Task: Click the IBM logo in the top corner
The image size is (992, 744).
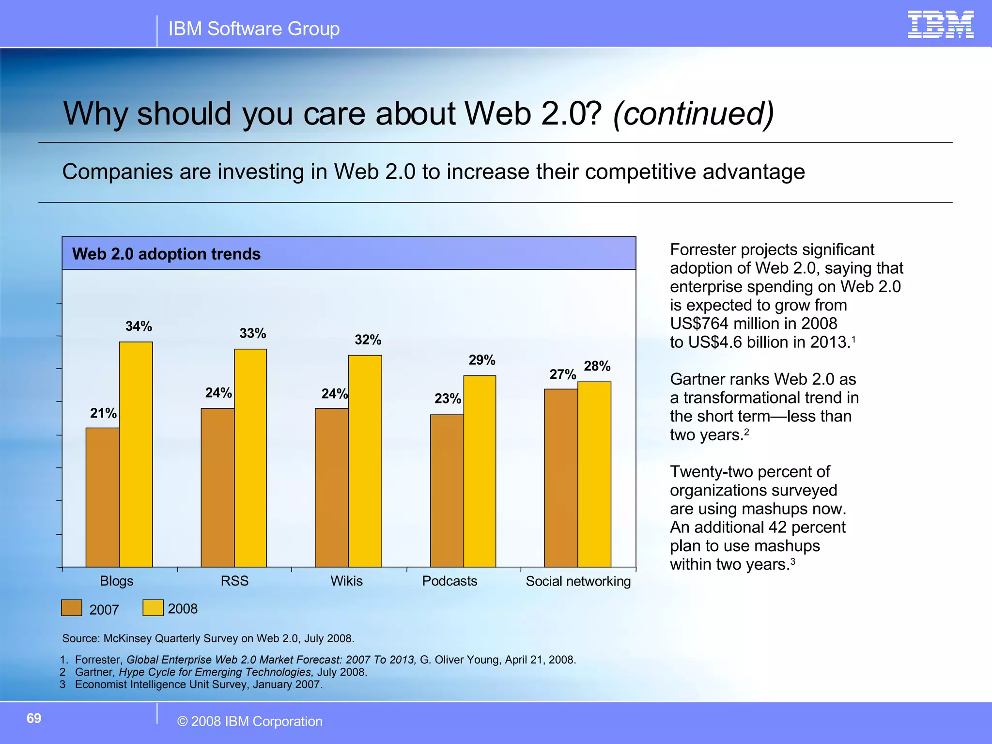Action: click(940, 25)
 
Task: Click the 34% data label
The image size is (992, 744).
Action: click(139, 326)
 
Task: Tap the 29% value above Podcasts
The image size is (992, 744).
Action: click(482, 360)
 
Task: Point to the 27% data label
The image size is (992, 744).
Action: click(562, 374)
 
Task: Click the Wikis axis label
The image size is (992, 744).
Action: click(346, 581)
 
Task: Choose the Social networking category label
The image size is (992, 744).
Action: click(578, 581)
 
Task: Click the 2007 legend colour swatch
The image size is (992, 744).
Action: click(72, 608)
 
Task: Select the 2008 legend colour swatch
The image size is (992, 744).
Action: click(153, 608)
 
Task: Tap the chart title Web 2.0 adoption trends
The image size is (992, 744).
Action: click(166, 254)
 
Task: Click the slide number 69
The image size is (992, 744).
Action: click(34, 718)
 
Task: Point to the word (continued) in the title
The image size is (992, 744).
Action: click(693, 114)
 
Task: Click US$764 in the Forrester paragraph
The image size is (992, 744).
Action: click(699, 324)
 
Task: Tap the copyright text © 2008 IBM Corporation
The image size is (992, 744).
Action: click(250, 721)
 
